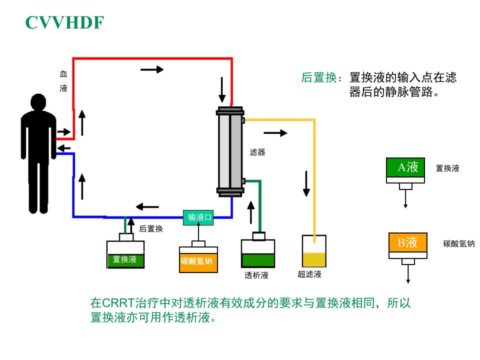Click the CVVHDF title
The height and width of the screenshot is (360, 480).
click(64, 22)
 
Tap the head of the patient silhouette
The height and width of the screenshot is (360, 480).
click(38, 102)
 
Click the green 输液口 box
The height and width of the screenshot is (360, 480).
click(198, 217)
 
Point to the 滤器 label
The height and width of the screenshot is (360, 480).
click(257, 152)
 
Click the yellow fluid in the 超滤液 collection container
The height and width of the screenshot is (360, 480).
click(314, 259)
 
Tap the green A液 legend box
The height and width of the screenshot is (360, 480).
click(405, 167)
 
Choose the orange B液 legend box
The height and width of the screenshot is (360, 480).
click(408, 242)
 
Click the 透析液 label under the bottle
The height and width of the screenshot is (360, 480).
click(256, 275)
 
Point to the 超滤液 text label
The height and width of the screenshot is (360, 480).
click(309, 274)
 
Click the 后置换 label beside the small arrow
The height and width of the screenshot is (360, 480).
click(151, 228)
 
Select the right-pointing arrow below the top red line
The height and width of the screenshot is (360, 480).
click(152, 69)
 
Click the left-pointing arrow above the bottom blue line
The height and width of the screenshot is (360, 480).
click(147, 207)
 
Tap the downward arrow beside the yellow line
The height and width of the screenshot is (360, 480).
click(306, 183)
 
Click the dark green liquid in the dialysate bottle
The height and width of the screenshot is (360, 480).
click(258, 260)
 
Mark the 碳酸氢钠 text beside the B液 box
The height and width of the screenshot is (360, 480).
click(459, 243)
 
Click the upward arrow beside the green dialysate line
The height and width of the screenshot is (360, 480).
click(250, 212)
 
